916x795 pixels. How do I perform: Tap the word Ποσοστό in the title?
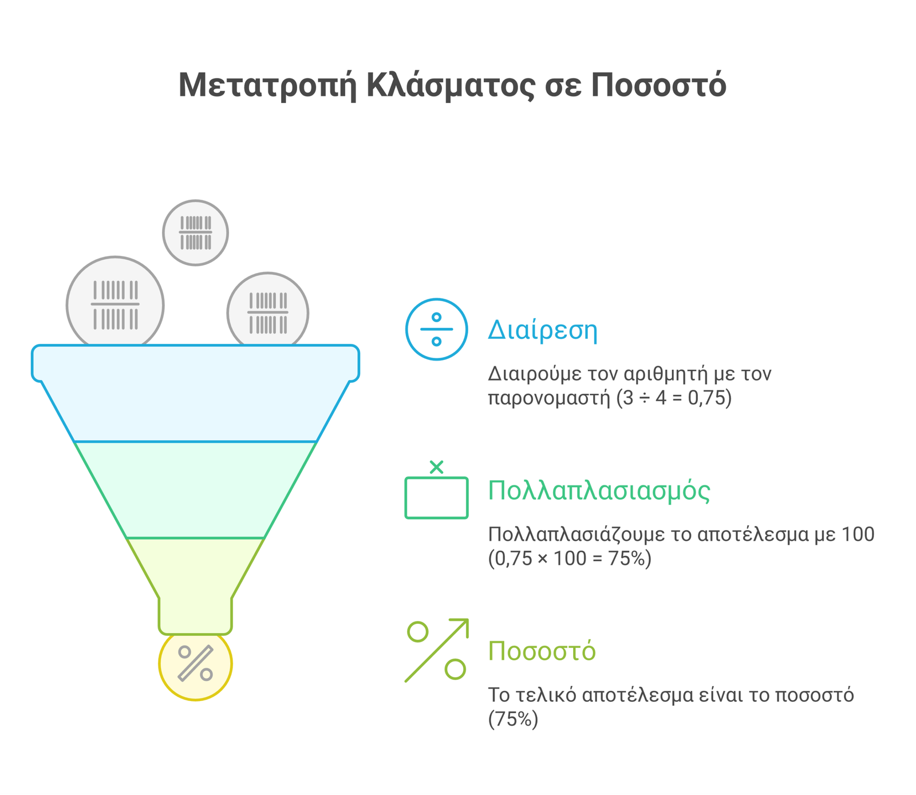point(658,85)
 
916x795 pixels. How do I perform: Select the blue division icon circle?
point(436,329)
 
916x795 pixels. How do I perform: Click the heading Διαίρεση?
point(542,330)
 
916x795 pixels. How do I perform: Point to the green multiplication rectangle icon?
point(436,497)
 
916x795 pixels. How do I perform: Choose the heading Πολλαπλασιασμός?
point(599,491)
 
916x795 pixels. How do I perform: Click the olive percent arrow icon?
point(436,650)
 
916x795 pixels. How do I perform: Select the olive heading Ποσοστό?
point(542,651)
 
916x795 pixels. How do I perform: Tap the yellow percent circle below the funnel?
point(195,666)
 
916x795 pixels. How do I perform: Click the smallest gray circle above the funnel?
point(195,233)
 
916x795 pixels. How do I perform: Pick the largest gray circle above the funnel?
point(115,304)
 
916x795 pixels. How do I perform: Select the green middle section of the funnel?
point(195,489)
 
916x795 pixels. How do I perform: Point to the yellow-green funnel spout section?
point(195,584)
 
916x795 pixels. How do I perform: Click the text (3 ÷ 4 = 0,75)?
point(674,398)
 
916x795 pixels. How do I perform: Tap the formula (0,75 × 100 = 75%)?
point(570,558)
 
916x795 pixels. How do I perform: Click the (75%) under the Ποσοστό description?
point(513,719)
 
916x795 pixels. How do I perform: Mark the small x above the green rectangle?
point(436,467)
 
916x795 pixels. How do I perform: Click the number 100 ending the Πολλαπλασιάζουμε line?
point(858,534)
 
